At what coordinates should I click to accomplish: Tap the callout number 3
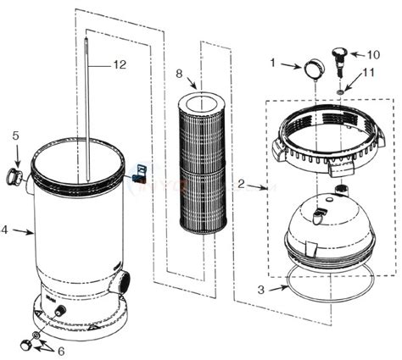260,290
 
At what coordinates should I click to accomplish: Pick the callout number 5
14,136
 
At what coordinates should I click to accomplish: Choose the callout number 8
179,75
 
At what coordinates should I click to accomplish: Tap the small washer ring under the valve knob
340,90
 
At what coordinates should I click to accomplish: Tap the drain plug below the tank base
27,343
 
